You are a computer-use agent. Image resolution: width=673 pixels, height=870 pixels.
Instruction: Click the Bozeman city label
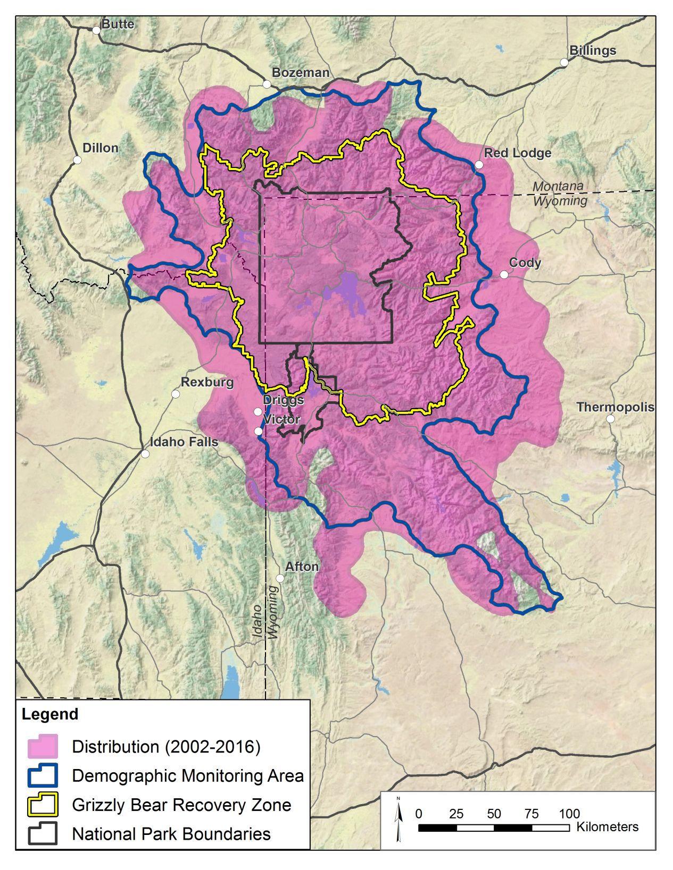click(301, 73)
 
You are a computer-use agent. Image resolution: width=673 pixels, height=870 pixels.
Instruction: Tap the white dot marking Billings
click(564, 62)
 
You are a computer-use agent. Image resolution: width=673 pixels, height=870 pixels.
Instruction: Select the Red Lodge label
click(517, 153)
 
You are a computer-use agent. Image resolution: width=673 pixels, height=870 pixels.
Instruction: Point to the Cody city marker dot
click(504, 274)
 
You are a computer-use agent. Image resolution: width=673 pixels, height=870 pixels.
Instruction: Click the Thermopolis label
click(616, 407)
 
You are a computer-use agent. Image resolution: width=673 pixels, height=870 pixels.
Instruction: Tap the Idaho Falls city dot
click(145, 454)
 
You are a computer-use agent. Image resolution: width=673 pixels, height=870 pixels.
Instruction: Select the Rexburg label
click(207, 382)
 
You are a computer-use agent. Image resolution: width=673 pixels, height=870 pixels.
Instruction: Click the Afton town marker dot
click(280, 578)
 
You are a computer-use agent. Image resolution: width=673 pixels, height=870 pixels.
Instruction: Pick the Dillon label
click(101, 148)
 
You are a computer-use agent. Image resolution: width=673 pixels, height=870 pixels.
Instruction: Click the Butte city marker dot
click(96, 30)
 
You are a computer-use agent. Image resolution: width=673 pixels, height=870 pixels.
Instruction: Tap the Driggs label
click(284, 400)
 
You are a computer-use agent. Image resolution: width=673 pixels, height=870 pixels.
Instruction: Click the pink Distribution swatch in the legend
click(43, 747)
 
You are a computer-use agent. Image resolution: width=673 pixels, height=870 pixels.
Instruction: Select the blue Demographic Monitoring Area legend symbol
click(43, 776)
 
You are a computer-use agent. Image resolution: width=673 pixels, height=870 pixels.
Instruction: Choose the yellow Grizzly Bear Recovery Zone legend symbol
click(43, 805)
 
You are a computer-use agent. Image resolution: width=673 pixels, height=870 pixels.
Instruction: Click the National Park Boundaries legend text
click(171, 833)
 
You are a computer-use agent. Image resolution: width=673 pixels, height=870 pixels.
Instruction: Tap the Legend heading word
click(49, 714)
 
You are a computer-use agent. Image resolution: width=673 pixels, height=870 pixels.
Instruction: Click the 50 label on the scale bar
click(494, 814)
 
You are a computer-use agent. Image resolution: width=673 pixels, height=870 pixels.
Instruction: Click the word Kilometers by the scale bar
click(607, 827)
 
